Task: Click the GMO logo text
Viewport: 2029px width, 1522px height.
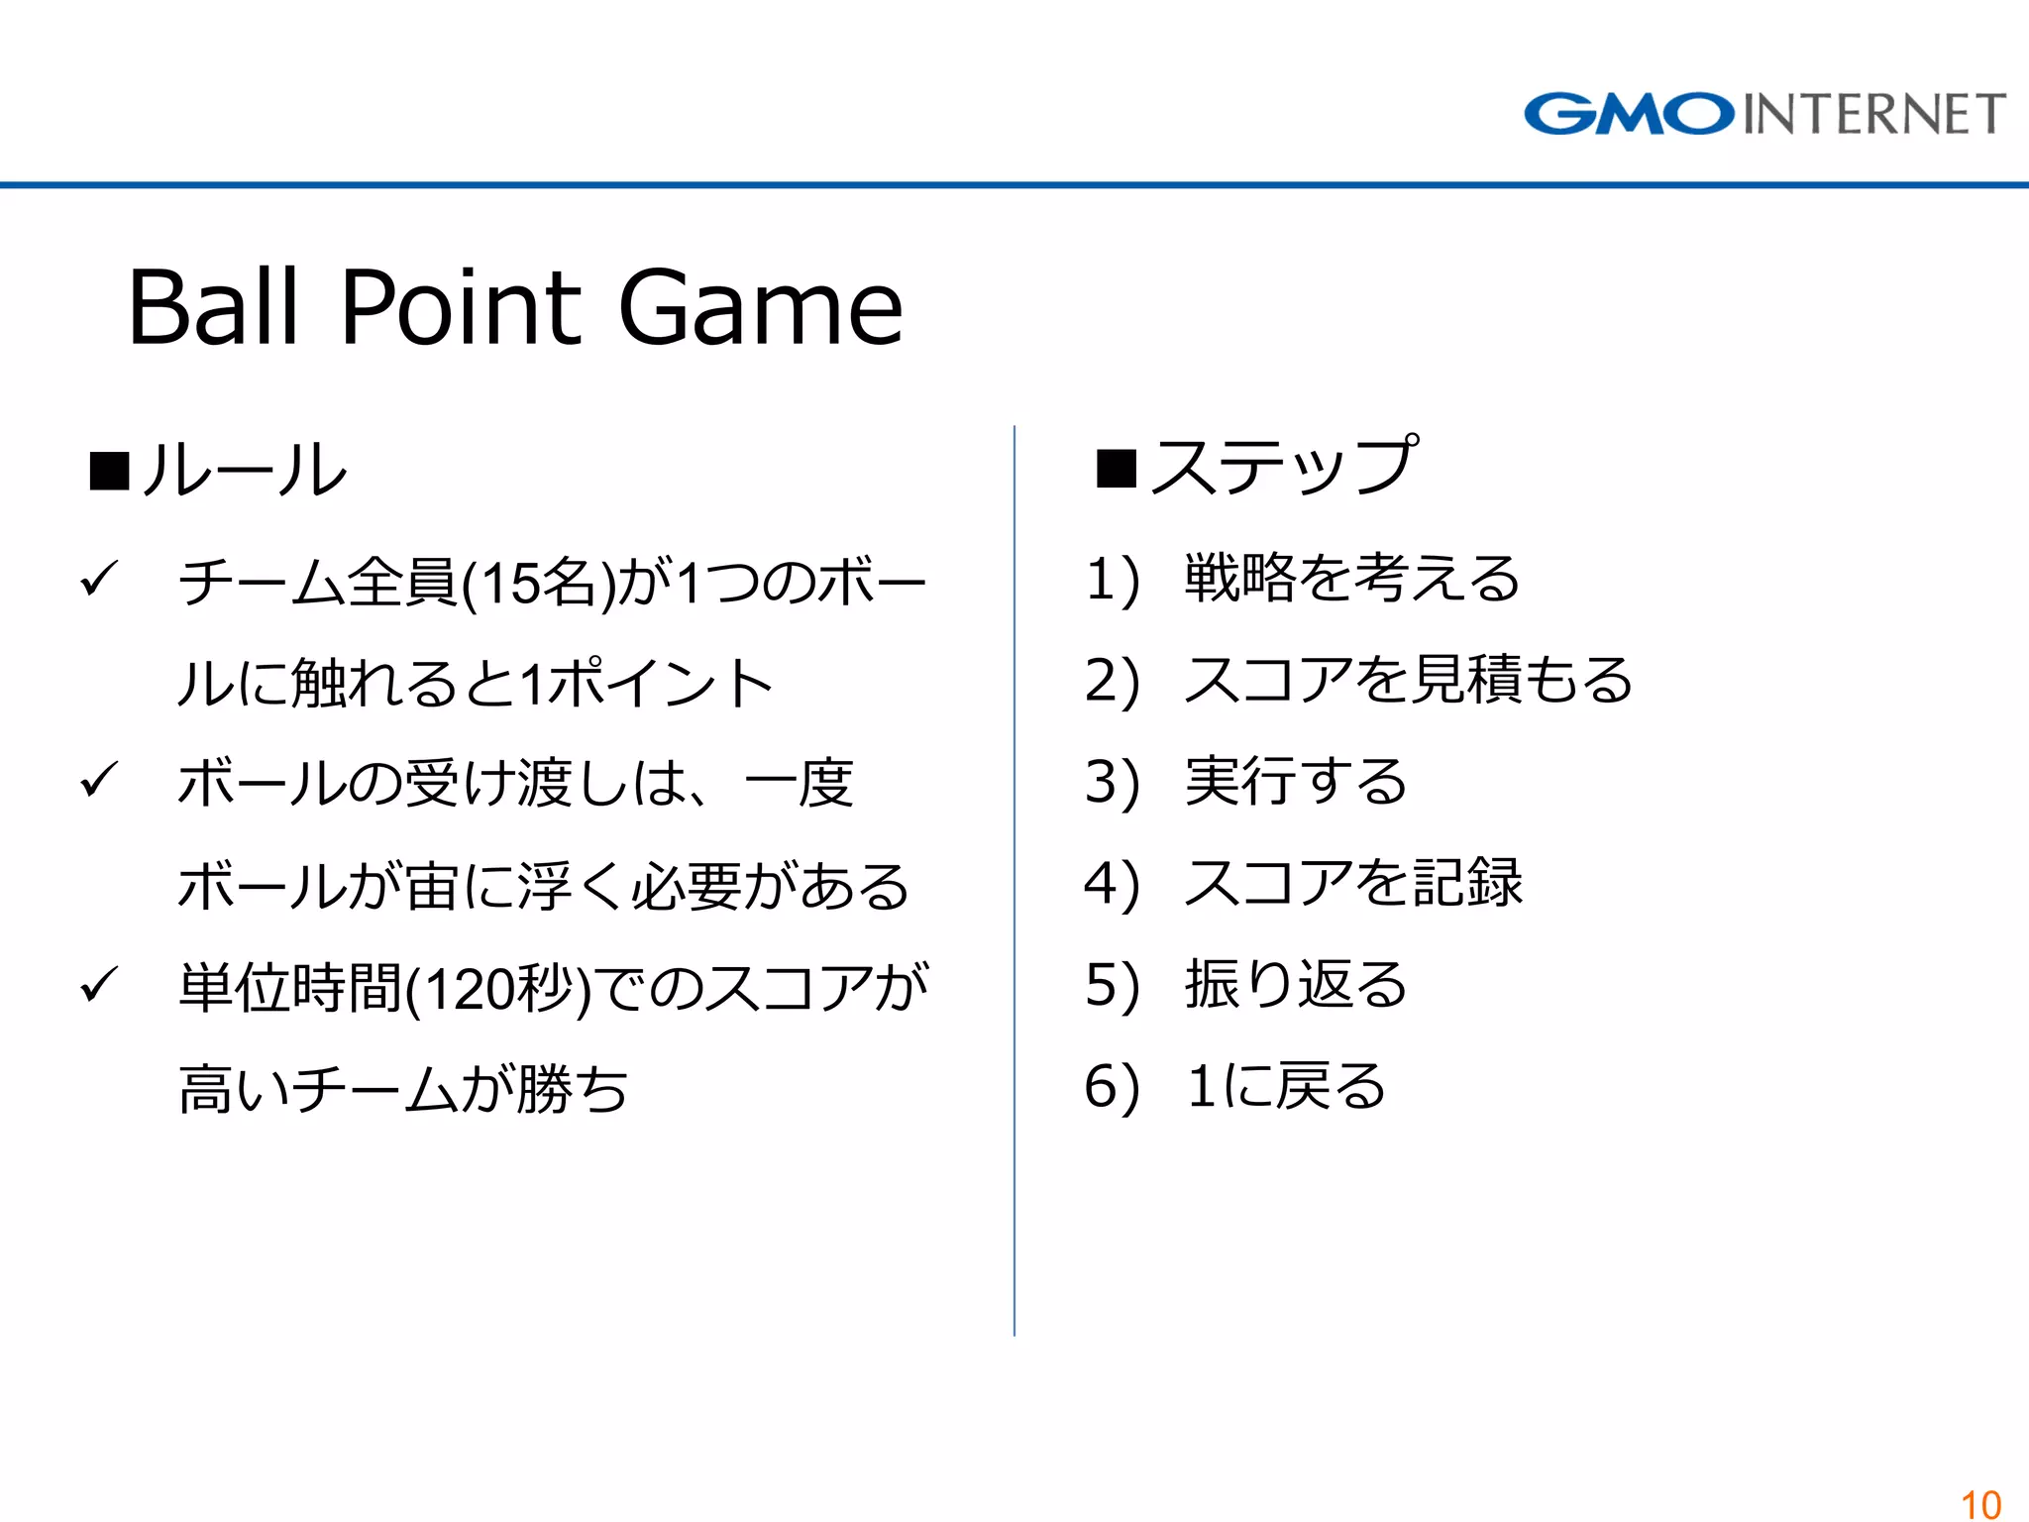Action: (1629, 114)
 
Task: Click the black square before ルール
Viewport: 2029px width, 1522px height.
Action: (109, 471)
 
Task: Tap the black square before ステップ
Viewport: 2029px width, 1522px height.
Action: (1116, 469)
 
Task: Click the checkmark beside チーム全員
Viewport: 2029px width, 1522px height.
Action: (99, 579)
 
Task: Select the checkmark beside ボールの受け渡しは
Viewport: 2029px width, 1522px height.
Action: (99, 780)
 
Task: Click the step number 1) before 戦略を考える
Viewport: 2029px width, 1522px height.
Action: (1113, 580)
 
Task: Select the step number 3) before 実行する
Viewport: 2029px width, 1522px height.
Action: (1113, 782)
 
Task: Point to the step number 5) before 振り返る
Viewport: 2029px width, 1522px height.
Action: (1113, 985)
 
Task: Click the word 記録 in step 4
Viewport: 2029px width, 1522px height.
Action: (1467, 882)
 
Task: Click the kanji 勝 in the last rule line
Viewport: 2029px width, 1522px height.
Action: (544, 1090)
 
